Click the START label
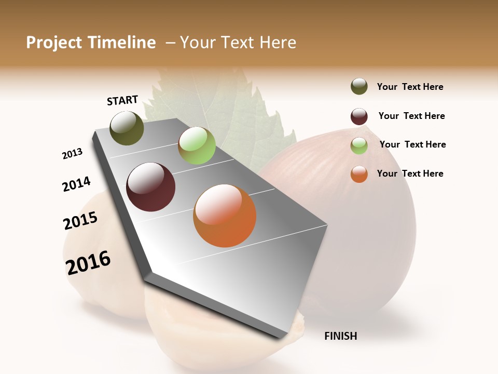pyautogui.click(x=122, y=100)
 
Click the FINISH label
pyautogui.click(x=341, y=336)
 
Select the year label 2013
pyautogui.click(x=72, y=154)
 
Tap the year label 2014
pyautogui.click(x=76, y=184)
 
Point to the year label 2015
pyautogui.click(x=80, y=221)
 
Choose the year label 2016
pyautogui.click(x=88, y=263)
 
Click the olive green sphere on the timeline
pyautogui.click(x=127, y=128)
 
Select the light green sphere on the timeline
pyautogui.click(x=197, y=145)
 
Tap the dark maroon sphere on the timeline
pyautogui.click(x=151, y=187)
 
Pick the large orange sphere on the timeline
pyautogui.click(x=225, y=216)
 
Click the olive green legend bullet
pyautogui.click(x=359, y=87)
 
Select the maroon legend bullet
pyautogui.click(x=359, y=116)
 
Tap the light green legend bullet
pyautogui.click(x=359, y=145)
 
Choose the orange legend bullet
pyautogui.click(x=359, y=174)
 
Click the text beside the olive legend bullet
pyautogui.click(x=410, y=87)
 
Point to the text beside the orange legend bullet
pyautogui.click(x=410, y=173)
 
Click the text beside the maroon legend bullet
pyautogui.click(x=411, y=116)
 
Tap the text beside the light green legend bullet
pyautogui.click(x=412, y=144)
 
